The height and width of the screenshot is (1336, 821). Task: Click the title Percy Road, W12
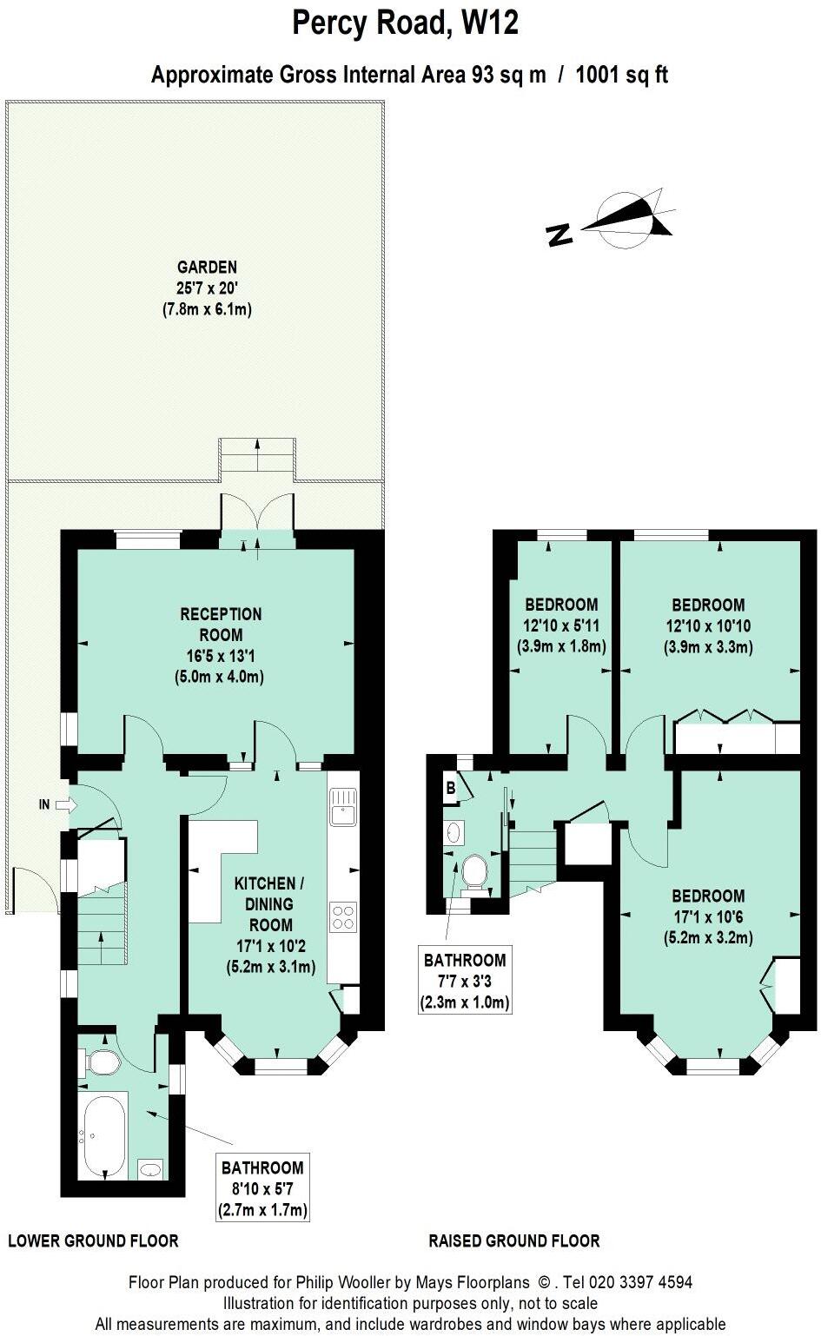tap(405, 23)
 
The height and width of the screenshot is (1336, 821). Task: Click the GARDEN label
tap(207, 288)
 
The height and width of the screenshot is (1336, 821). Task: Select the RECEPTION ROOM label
tap(221, 645)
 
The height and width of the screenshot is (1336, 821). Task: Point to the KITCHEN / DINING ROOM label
tap(270, 925)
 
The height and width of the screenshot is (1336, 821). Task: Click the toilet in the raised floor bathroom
tap(473, 871)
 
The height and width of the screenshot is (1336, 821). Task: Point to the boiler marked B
tap(451, 789)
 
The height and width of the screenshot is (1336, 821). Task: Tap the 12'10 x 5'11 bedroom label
tap(561, 625)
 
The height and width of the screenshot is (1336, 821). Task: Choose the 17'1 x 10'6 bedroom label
tap(708, 916)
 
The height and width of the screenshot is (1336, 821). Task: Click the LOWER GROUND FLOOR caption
tap(93, 1240)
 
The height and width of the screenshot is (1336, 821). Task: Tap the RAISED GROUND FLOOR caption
tap(514, 1240)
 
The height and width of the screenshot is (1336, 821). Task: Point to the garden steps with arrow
tap(256, 454)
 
